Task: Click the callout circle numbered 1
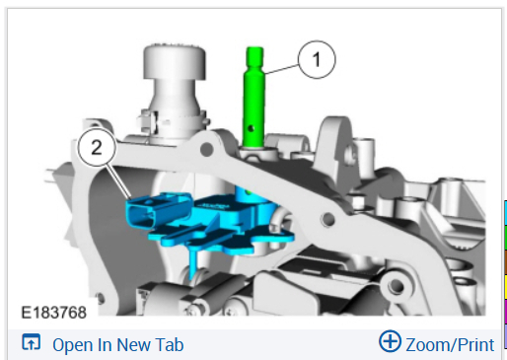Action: pos(317,59)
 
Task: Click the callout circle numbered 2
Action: pos(97,148)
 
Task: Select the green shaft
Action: pos(253,97)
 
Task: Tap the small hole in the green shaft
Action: pos(252,127)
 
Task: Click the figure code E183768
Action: pos(53,313)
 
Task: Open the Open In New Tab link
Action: pos(117,345)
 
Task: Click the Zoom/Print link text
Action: pos(450,345)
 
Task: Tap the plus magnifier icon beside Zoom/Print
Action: pos(390,341)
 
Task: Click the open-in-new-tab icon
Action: pos(32,342)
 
